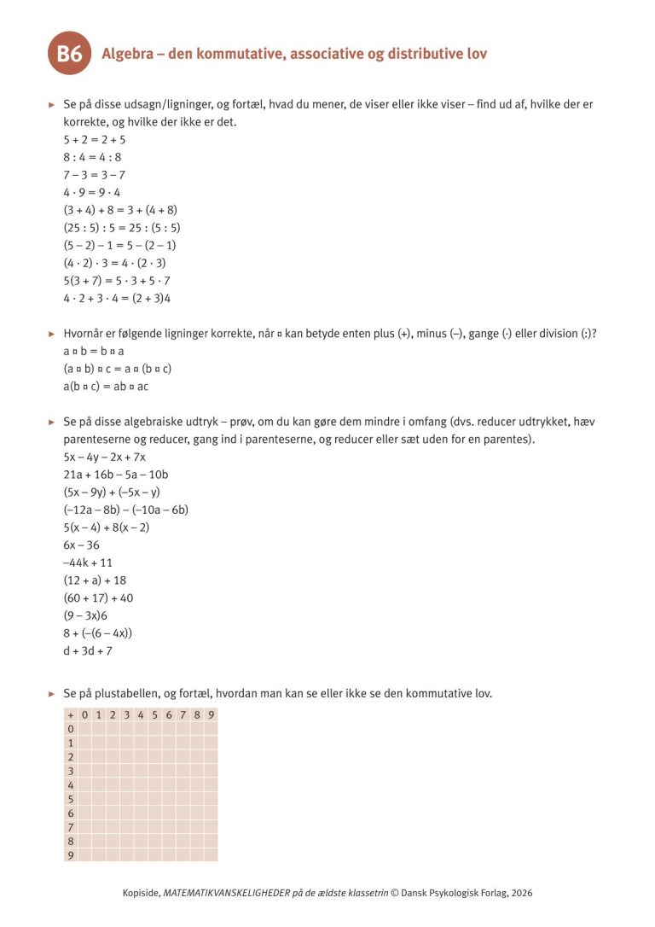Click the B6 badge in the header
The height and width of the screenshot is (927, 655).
[x=69, y=55]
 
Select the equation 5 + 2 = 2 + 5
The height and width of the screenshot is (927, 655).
[x=95, y=139]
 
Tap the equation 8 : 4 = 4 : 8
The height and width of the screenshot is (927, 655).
[x=92, y=157]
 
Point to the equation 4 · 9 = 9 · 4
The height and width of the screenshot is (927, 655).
[x=92, y=192]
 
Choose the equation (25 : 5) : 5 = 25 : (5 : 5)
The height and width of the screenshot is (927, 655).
[x=122, y=228]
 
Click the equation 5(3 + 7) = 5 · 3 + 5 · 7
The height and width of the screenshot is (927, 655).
[x=117, y=281]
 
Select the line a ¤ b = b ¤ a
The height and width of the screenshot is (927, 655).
[x=94, y=351]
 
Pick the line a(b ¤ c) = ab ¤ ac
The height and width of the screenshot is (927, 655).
[x=106, y=387]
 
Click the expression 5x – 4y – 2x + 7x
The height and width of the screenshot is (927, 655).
[x=104, y=457]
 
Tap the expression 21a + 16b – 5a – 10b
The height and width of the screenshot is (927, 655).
[x=116, y=475]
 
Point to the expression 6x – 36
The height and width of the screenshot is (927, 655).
[x=81, y=545]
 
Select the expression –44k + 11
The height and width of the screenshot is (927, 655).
[x=88, y=563]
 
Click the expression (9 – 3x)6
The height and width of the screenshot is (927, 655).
[x=85, y=616]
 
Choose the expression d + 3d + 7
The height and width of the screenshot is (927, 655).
[x=88, y=651]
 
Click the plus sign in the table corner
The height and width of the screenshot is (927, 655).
[x=71, y=715]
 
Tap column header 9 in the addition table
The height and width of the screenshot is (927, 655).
[x=211, y=715]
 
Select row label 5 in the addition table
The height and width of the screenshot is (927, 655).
[x=71, y=800]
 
